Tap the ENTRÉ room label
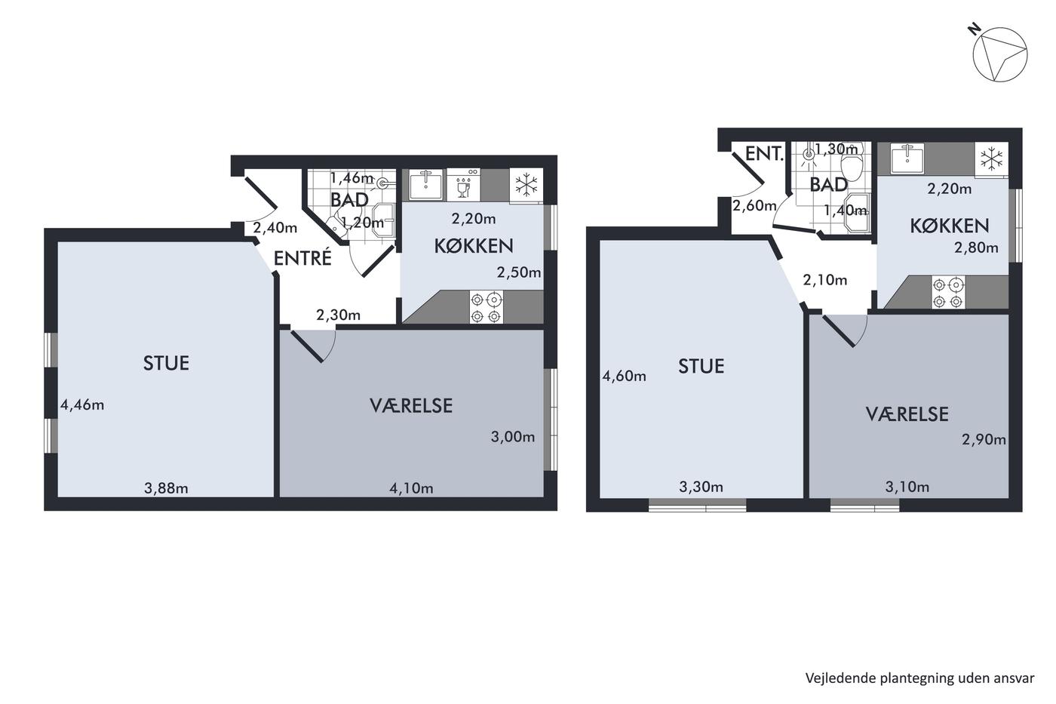click(302, 258)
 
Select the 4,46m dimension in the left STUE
click(82, 405)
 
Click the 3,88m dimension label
click(166, 488)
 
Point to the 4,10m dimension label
click(411, 488)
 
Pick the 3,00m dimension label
click(513, 437)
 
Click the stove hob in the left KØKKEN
click(486, 307)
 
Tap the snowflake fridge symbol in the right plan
click(991, 159)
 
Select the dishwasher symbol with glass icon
click(463, 185)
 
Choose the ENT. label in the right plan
click(764, 154)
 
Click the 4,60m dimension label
click(625, 377)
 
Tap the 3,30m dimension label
click(701, 487)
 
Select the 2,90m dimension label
click(984, 439)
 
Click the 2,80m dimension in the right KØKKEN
click(976, 247)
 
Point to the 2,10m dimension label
click(825, 280)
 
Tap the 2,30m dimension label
click(339, 315)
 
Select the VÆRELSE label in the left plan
click(411, 406)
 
